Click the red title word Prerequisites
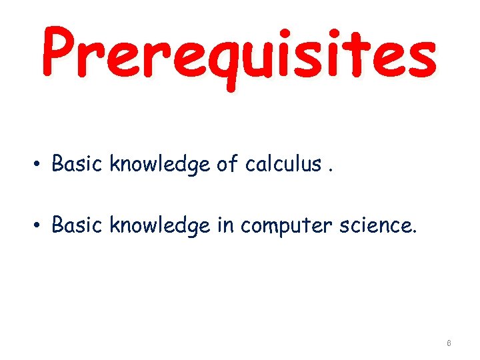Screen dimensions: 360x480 239,53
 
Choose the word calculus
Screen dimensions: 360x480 283,163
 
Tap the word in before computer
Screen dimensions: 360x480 225,225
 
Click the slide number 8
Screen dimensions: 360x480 449,343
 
